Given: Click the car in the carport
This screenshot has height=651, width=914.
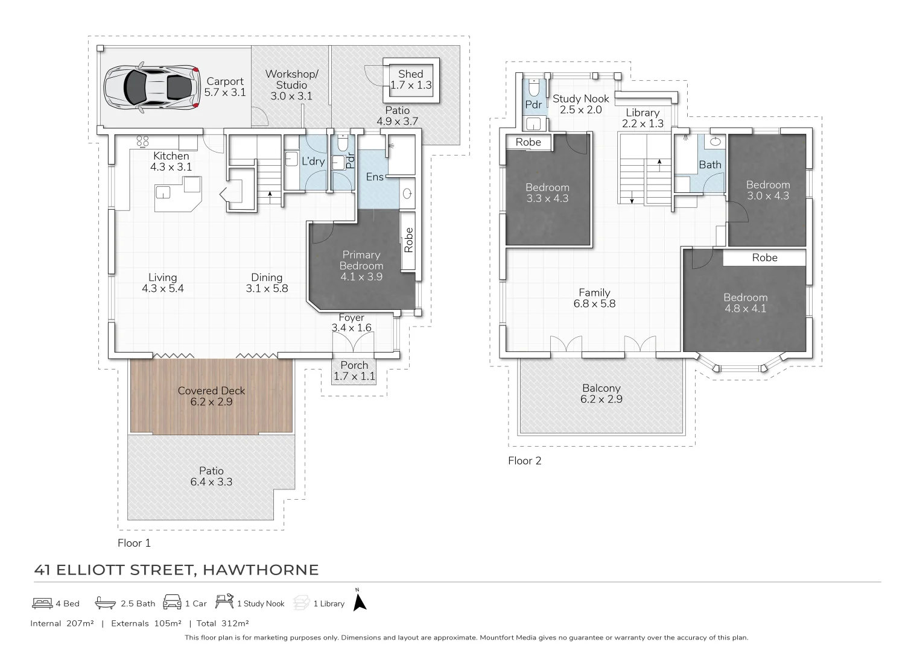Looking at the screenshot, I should pyautogui.click(x=151, y=87).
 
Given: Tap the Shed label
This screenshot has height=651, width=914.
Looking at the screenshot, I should pyautogui.click(x=410, y=74).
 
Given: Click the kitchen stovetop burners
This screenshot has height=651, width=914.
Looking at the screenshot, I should pyautogui.click(x=143, y=142).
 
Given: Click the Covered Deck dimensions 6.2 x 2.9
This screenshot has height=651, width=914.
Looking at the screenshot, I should pyautogui.click(x=211, y=402).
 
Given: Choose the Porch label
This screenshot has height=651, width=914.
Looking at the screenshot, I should pyautogui.click(x=354, y=365).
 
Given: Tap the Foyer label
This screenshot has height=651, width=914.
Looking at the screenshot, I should pyautogui.click(x=351, y=318).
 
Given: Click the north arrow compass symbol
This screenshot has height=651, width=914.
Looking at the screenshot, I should pyautogui.click(x=360, y=602).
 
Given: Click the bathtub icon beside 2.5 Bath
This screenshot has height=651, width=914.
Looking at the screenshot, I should pyautogui.click(x=105, y=603).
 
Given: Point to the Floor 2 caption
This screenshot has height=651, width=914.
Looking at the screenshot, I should pyautogui.click(x=524, y=461).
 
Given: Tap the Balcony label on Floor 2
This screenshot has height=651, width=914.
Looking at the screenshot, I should pyautogui.click(x=601, y=389).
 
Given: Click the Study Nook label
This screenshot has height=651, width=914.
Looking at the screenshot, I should pyautogui.click(x=580, y=99).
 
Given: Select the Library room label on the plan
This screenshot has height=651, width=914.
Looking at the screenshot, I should pyautogui.click(x=643, y=113).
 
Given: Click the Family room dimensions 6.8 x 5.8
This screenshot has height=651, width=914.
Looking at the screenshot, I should pyautogui.click(x=594, y=304).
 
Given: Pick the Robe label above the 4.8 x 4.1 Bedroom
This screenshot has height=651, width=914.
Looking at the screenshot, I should pyautogui.click(x=764, y=258).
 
